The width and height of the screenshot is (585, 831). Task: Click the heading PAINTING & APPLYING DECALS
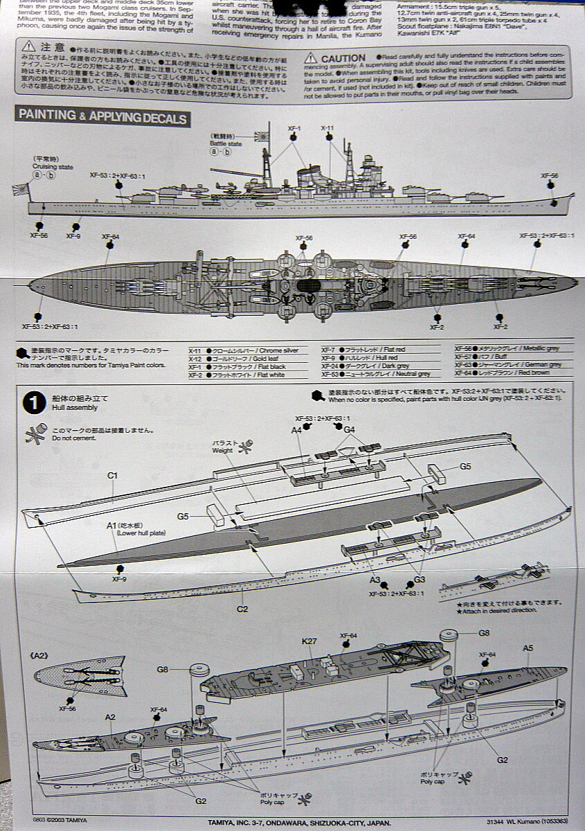(x=102, y=117)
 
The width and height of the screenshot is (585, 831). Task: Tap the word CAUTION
(x=343, y=58)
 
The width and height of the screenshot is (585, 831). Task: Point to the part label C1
(x=113, y=475)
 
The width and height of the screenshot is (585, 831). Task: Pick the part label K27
(x=309, y=641)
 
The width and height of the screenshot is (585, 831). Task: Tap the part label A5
(x=528, y=648)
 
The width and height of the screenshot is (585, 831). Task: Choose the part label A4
(x=296, y=430)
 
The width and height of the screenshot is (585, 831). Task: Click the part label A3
(x=375, y=580)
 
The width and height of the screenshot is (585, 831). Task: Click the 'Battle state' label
(x=226, y=144)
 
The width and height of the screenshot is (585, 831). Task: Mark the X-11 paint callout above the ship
(x=327, y=128)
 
